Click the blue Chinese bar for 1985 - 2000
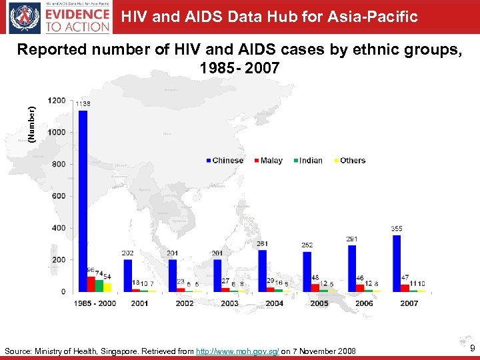point(83,200)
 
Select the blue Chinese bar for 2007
point(397,263)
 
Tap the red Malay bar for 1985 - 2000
point(91,284)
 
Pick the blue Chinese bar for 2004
point(262,270)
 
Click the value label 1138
point(83,104)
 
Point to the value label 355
point(397,229)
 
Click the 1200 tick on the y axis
point(57,100)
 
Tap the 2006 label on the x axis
point(364,303)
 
